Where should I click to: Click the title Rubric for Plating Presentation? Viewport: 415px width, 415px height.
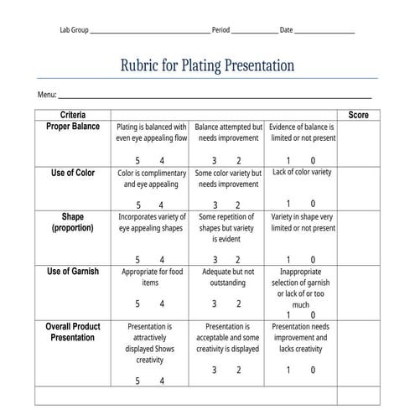click(x=207, y=65)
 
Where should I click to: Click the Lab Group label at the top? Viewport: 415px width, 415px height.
click(x=73, y=30)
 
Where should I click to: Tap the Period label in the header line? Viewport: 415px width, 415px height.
click(x=220, y=30)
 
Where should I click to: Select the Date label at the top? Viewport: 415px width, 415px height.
click(x=286, y=30)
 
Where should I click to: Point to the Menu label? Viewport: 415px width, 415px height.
click(x=46, y=95)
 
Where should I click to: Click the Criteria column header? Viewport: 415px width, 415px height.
click(x=72, y=114)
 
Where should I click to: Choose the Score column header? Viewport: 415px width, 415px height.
click(x=358, y=114)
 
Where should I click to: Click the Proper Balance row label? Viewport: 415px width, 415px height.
click(x=72, y=127)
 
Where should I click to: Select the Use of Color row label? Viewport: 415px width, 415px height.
click(x=73, y=173)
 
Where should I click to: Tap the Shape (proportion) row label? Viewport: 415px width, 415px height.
click(x=72, y=221)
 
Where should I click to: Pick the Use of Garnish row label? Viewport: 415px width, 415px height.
click(x=72, y=272)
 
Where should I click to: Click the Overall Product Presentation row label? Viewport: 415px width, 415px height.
click(x=72, y=331)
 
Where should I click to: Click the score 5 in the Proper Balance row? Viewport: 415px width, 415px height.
click(x=137, y=160)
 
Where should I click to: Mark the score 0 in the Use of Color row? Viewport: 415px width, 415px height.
click(x=313, y=204)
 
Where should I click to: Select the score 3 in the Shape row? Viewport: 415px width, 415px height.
click(x=215, y=260)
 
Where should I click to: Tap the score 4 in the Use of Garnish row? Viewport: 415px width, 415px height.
click(x=162, y=304)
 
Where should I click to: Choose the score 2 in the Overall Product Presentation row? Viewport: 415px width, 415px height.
click(x=238, y=370)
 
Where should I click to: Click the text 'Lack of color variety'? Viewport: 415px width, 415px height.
click(x=302, y=172)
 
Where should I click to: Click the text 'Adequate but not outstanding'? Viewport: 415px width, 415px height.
click(x=228, y=278)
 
